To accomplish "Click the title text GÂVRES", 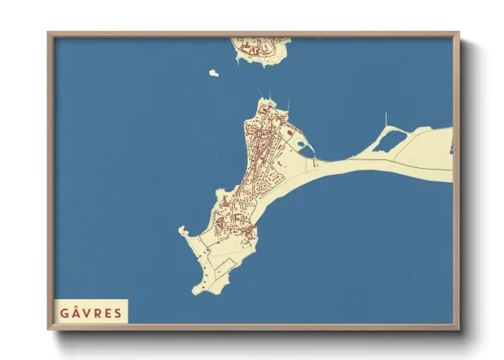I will (90, 311).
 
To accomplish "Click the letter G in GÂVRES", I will (64, 312).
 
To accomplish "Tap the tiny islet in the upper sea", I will (213, 73).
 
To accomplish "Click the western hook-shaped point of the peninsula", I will (183, 230).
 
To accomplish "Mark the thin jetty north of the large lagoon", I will (386, 119).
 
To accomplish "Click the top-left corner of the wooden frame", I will (50, 34).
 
